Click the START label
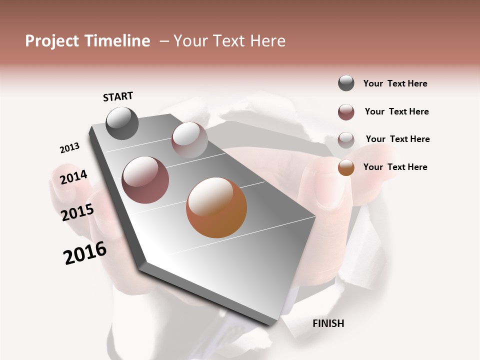(118, 96)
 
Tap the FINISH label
(328, 323)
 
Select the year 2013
(70, 148)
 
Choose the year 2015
(77, 212)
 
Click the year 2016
(85, 253)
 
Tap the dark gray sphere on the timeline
(122, 123)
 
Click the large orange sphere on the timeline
(216, 207)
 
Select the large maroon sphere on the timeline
(145, 180)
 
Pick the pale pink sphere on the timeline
(189, 140)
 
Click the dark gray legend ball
(346, 83)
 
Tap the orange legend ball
(346, 167)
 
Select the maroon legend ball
(346, 112)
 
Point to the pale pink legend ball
(346, 140)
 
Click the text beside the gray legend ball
(395, 83)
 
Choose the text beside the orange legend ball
(395, 167)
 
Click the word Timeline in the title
(117, 41)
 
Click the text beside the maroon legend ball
(396, 111)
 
